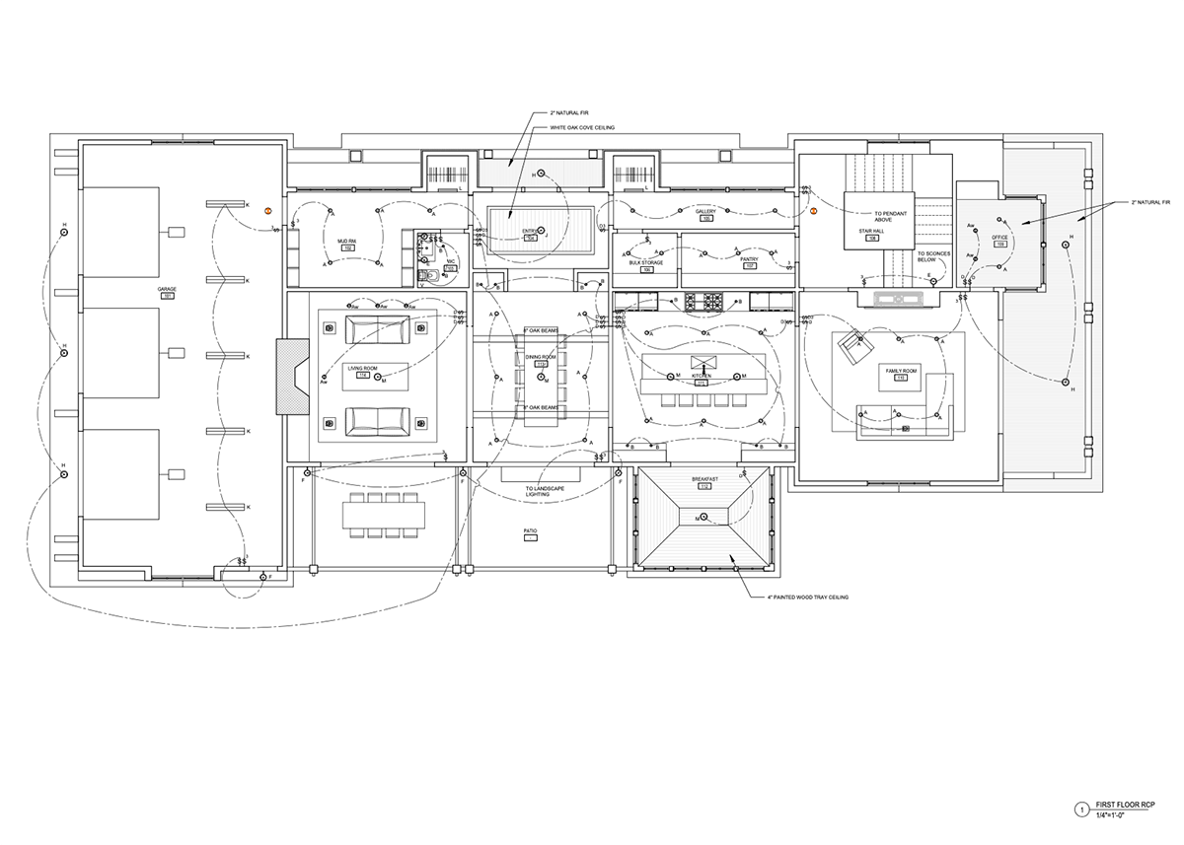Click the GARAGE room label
(166, 289)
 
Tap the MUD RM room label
(346, 241)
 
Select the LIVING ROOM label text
(362, 369)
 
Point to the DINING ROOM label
(541, 357)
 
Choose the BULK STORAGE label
(646, 263)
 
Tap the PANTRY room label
(749, 260)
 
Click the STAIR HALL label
(871, 232)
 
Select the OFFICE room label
(999, 237)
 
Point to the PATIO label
(530, 530)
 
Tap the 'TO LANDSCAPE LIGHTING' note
(538, 492)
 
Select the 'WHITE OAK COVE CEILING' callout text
(577, 128)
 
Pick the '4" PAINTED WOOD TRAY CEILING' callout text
(808, 598)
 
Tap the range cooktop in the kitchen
(705, 299)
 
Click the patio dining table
(385, 516)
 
